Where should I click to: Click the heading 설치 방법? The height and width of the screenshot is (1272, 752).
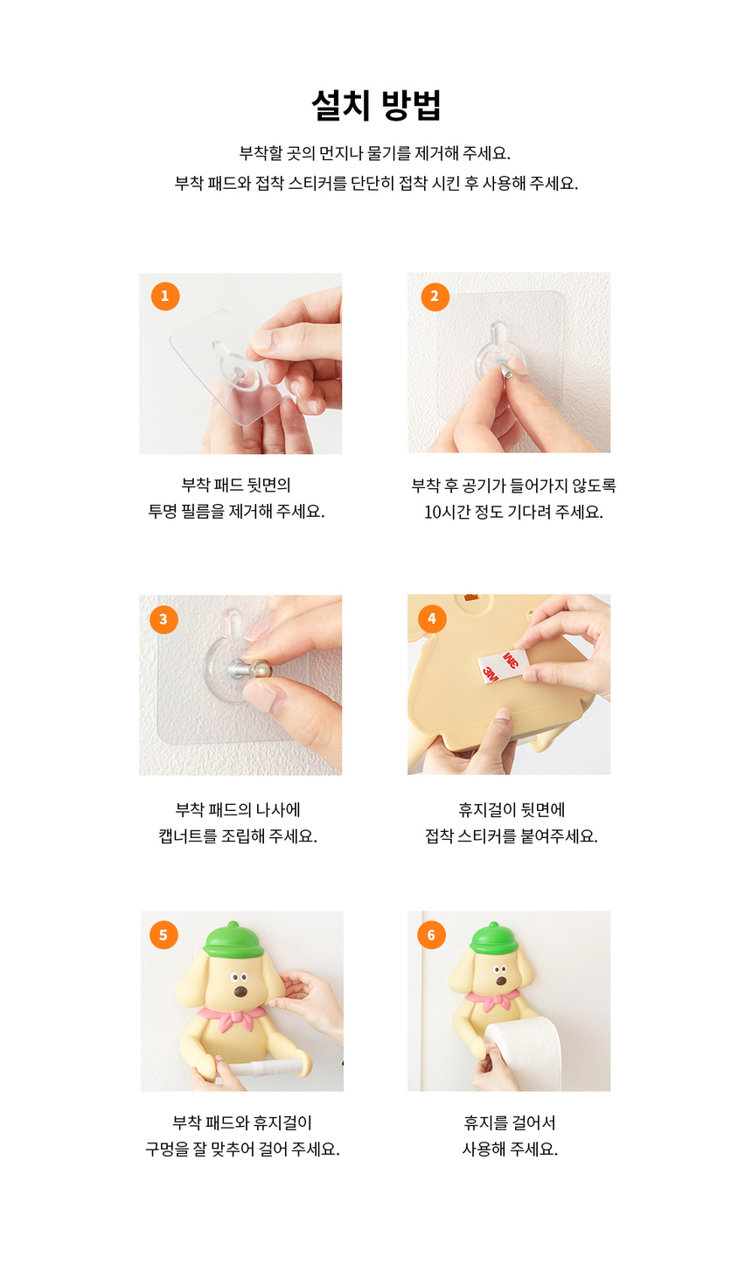(x=376, y=106)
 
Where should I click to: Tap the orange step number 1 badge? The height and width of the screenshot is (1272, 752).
(x=165, y=296)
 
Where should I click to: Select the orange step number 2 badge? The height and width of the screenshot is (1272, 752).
(x=435, y=297)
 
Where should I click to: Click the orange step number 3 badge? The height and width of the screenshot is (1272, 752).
(x=164, y=619)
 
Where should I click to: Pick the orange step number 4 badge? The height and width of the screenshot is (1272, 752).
(x=432, y=619)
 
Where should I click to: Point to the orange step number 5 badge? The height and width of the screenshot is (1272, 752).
(x=164, y=934)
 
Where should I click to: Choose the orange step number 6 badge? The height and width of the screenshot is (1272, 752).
(x=431, y=934)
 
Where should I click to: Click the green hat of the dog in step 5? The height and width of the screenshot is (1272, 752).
(x=233, y=940)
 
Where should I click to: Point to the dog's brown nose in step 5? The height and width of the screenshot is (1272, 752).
(x=240, y=991)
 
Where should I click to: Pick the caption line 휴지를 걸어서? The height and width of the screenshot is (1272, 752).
(x=510, y=1122)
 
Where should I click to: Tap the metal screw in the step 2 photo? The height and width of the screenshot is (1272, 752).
(x=505, y=368)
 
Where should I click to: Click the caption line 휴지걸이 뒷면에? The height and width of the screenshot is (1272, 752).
(x=512, y=809)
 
